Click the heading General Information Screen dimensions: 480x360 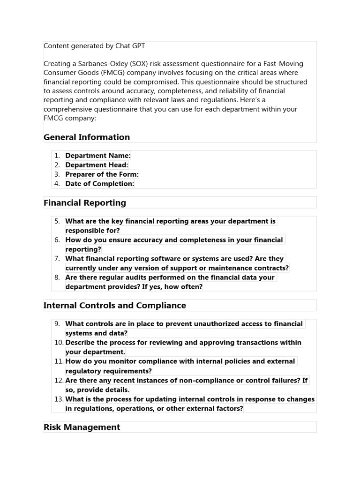(87, 137)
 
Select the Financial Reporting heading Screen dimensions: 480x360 (85, 203)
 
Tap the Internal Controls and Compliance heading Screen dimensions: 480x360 (115, 306)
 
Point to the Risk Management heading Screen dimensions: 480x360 (82, 427)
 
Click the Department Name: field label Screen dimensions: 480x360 (98, 156)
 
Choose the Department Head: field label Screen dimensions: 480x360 (97, 165)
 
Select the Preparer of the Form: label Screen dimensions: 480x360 (102, 174)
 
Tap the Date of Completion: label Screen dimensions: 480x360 (99, 184)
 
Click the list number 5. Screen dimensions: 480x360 (57, 221)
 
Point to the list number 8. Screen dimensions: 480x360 (57, 277)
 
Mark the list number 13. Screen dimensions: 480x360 (59, 399)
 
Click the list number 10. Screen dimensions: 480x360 (59, 343)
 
